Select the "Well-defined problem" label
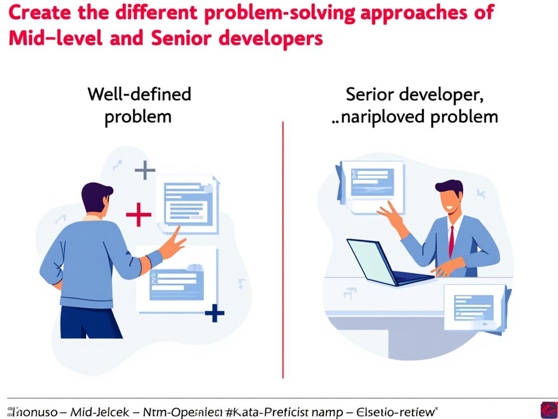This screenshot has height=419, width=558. [x=139, y=105]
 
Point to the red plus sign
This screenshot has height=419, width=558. [x=139, y=215]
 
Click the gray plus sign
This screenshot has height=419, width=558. [x=145, y=170]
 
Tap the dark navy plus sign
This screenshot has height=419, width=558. [x=214, y=313]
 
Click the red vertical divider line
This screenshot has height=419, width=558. [x=283, y=251]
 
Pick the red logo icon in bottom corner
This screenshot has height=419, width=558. [x=549, y=410]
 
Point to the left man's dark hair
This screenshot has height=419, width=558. [x=96, y=193]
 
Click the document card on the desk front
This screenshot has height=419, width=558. [x=474, y=307]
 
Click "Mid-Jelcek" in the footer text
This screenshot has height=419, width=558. [x=96, y=412]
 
